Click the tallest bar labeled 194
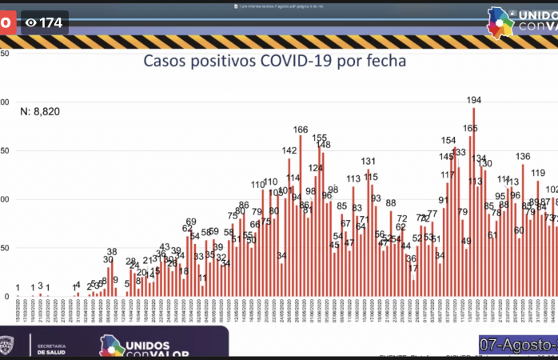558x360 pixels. tap(474, 200)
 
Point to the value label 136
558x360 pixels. tap(523, 156)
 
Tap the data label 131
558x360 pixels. tap(369, 162)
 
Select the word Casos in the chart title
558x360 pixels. tap(169, 61)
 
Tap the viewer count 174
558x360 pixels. tap(50, 22)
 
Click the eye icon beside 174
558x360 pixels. tap(31, 22)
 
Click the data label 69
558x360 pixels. tap(191, 222)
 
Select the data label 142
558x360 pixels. tap(289, 150)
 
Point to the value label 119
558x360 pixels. tap(538, 173)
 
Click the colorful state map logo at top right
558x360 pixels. tap(502, 22)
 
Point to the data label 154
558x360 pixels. tap(448, 140)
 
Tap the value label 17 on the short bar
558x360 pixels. tap(413, 269)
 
